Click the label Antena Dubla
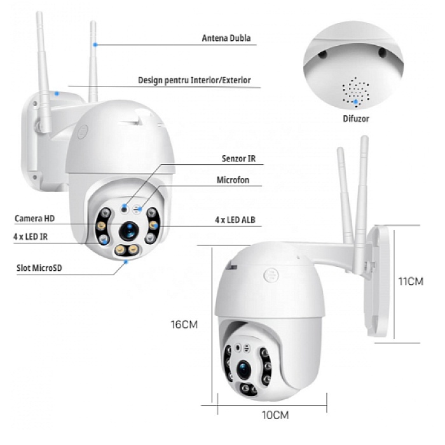pyautogui.click(x=226, y=38)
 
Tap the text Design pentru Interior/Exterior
pyautogui.click(x=195, y=80)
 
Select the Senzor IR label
pyautogui.click(x=238, y=158)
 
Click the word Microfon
pyautogui.click(x=233, y=180)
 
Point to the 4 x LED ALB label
pyautogui.click(x=235, y=220)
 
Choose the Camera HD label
pyautogui.click(x=34, y=219)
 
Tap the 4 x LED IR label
pyautogui.click(x=31, y=236)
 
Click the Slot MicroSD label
pyautogui.click(x=39, y=268)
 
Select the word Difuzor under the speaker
pyautogui.click(x=356, y=118)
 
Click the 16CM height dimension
pyautogui.click(x=184, y=324)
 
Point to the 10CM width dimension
pyautogui.click(x=275, y=415)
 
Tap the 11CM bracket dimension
pyautogui.click(x=411, y=281)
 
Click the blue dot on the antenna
pyautogui.click(x=95, y=44)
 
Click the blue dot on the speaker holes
pyautogui.click(x=355, y=102)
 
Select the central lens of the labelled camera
pyautogui.click(x=129, y=230)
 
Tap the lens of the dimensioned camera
pyautogui.click(x=244, y=369)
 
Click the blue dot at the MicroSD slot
pyautogui.click(x=126, y=262)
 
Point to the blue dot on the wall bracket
pyautogui.click(x=57, y=93)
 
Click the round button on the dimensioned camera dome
pyautogui.click(x=271, y=275)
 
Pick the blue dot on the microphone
pyautogui.click(x=139, y=209)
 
